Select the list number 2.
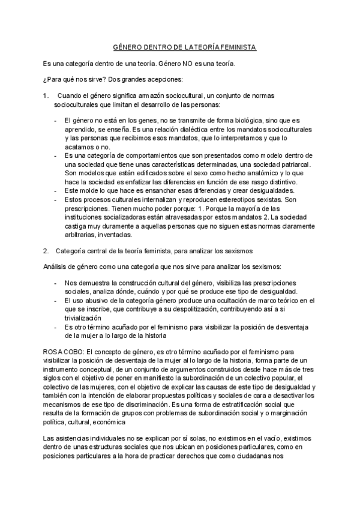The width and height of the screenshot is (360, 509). [x=46, y=248]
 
